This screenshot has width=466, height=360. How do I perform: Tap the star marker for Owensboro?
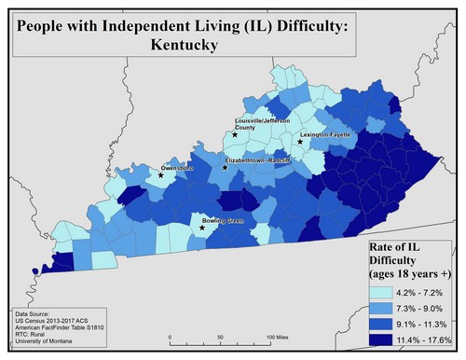click(160, 175)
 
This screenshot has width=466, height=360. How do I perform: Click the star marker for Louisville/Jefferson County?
click(235, 135)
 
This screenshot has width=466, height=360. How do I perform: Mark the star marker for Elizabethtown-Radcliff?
click(225, 169)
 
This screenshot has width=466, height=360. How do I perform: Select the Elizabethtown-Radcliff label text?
click(258, 160)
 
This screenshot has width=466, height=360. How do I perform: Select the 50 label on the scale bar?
click(220, 336)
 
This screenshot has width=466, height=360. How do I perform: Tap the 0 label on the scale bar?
click(171, 336)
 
